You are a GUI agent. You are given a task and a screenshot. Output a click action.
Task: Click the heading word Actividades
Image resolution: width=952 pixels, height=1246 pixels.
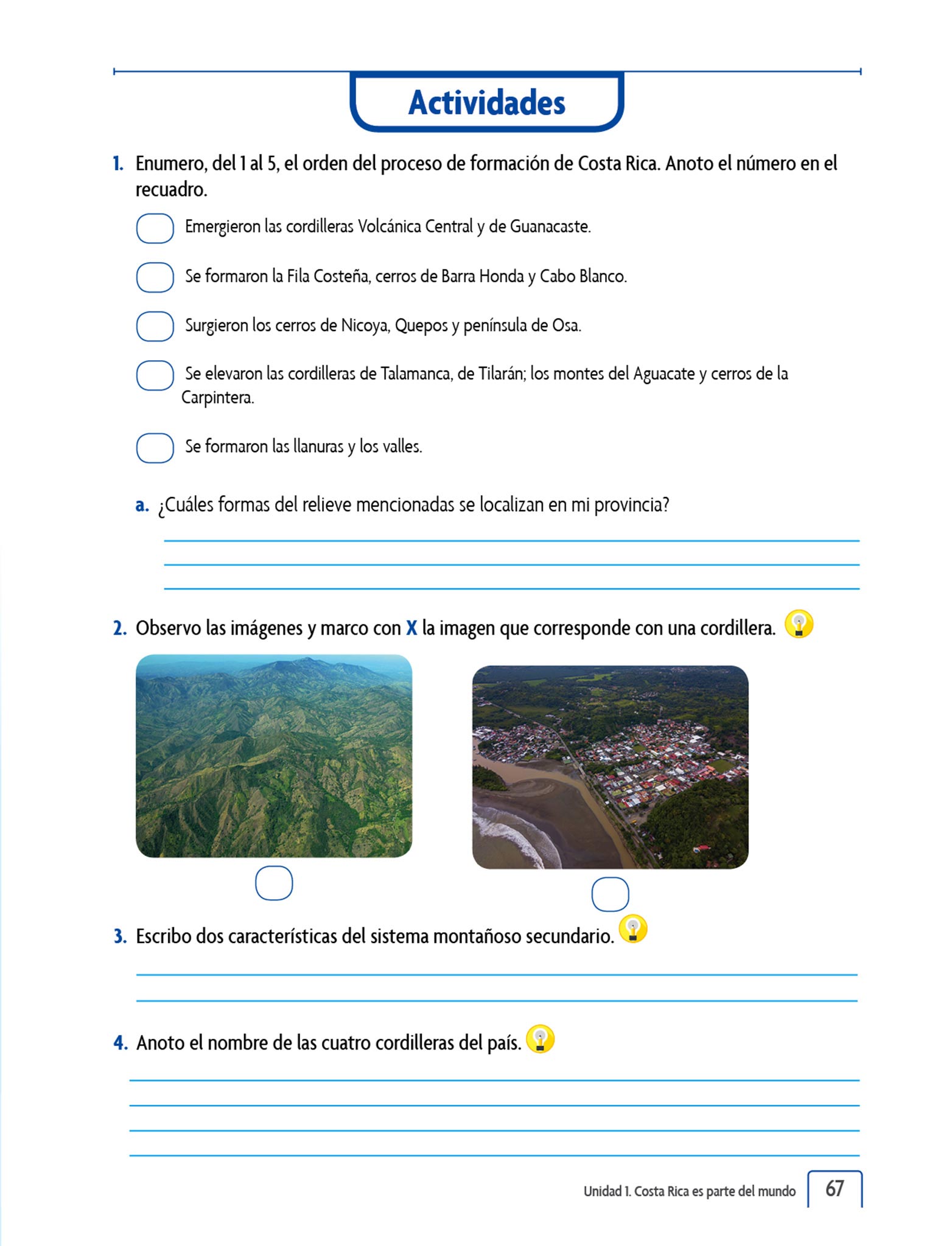(x=486, y=103)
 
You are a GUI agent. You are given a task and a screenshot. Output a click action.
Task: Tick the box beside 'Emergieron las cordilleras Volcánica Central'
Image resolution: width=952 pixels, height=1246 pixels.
(x=155, y=229)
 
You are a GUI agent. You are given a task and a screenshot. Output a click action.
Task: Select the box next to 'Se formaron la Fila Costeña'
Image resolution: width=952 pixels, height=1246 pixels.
(x=155, y=277)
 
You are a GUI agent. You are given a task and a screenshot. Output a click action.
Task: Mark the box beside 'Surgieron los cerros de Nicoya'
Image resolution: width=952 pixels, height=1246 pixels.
(x=155, y=326)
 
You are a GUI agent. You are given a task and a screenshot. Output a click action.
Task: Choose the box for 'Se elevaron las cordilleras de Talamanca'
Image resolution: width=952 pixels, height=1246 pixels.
(x=155, y=375)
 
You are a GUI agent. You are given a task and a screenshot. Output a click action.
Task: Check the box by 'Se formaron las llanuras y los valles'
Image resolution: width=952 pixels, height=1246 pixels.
(x=155, y=448)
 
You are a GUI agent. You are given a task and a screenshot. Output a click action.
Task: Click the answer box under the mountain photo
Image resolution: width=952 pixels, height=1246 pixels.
(x=274, y=883)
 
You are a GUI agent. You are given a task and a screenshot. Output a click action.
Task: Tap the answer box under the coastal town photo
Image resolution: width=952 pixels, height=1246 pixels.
(x=610, y=894)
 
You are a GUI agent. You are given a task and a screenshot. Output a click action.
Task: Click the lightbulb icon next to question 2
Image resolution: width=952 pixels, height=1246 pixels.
(x=799, y=624)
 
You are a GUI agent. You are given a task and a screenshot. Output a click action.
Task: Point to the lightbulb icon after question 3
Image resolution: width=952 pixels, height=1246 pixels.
(x=633, y=929)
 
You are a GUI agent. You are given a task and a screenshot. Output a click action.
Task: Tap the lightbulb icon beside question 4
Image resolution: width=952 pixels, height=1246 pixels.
(x=540, y=1039)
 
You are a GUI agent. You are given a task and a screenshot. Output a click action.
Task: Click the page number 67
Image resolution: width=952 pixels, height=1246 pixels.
(x=835, y=1188)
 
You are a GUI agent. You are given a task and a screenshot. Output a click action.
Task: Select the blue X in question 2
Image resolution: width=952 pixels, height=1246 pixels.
(x=411, y=628)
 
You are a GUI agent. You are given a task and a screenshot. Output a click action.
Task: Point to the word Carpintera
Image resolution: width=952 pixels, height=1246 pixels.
(x=217, y=398)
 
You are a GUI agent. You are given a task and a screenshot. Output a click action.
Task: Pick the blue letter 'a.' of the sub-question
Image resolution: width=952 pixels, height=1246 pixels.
(x=142, y=505)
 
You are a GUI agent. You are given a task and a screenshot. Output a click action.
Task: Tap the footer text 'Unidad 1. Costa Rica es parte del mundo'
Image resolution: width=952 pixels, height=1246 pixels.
(x=689, y=1191)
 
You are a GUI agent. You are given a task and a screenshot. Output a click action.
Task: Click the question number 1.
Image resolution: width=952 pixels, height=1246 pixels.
(x=118, y=164)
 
